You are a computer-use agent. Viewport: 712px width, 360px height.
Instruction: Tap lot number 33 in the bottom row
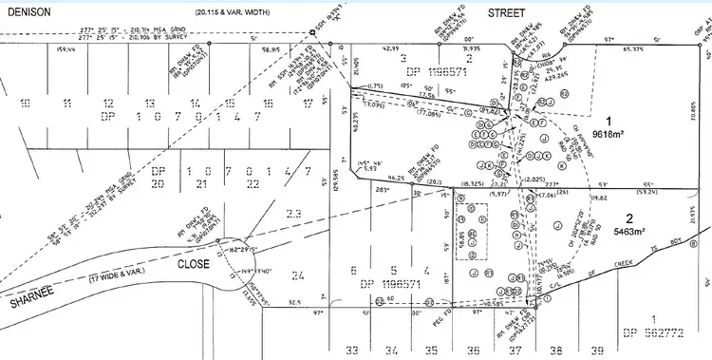(x=352, y=351)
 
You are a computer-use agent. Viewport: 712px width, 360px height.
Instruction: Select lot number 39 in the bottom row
(x=597, y=351)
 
